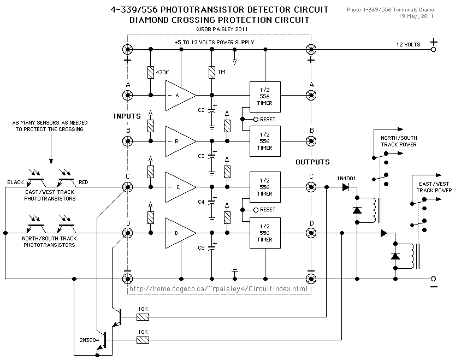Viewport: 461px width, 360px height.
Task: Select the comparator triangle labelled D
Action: coord(180,233)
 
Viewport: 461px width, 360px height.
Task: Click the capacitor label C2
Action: coord(201,110)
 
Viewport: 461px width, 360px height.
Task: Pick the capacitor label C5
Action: coord(201,248)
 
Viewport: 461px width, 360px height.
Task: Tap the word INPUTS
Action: coord(127,116)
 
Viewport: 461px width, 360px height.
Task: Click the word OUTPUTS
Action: coord(312,162)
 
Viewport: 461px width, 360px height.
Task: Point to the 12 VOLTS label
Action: coord(409,45)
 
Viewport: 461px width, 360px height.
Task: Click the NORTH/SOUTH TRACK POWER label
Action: coord(399,141)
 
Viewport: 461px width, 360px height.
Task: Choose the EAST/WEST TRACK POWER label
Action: coord(434,187)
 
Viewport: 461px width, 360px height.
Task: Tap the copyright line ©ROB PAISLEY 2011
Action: coord(218,29)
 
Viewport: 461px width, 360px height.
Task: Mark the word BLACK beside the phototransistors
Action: coord(16,182)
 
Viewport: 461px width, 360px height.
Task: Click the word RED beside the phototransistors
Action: coord(84,182)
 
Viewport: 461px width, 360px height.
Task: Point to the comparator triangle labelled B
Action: coord(180,141)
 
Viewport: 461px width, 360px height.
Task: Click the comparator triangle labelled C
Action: coord(180,187)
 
